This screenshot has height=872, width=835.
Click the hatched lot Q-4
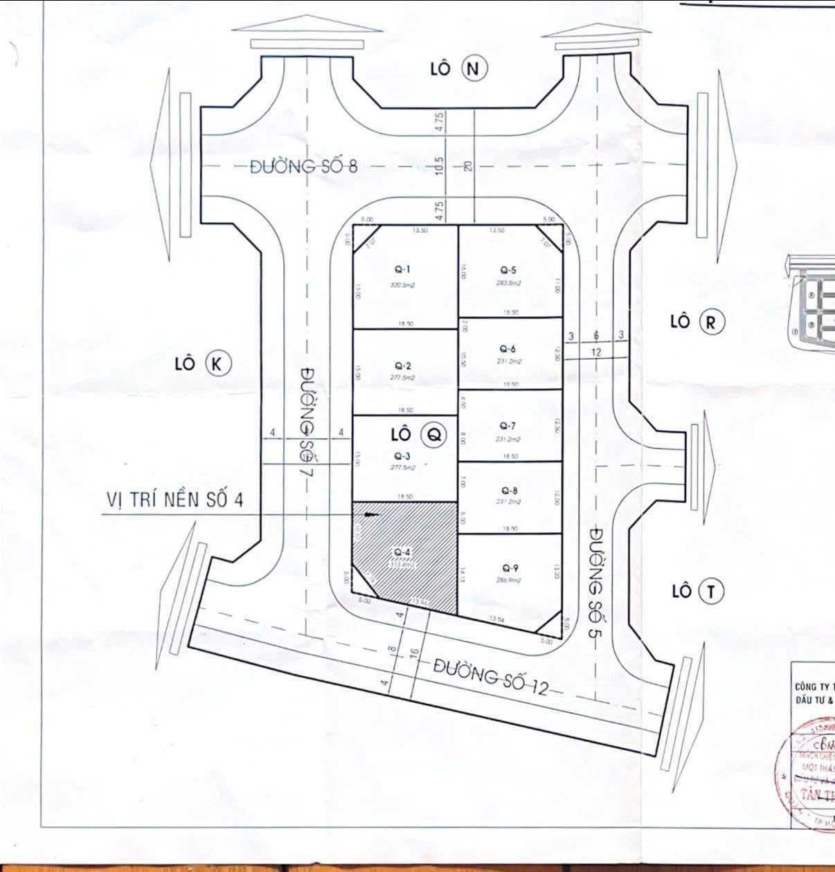(405, 558)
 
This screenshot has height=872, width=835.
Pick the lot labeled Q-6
(510, 354)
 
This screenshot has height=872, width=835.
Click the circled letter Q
(434, 435)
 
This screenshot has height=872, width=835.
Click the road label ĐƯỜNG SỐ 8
(304, 167)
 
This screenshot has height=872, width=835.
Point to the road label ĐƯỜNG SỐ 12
(491, 678)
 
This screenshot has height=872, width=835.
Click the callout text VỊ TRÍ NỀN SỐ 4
(174, 500)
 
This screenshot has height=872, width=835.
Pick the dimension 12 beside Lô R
(596, 352)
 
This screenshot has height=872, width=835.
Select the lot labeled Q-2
(404, 371)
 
